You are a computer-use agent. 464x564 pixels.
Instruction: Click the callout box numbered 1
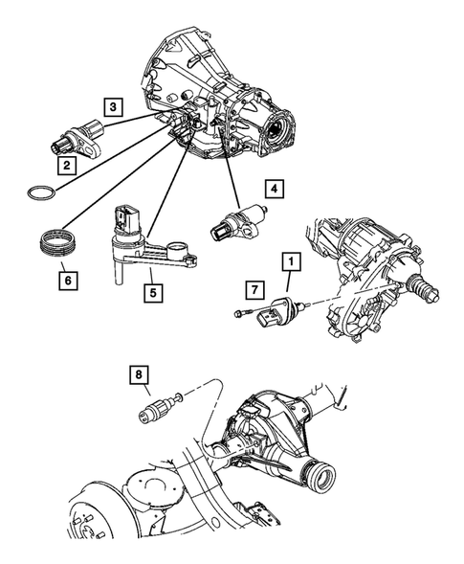pos(287,259)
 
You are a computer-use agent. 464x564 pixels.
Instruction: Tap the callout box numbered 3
pos(112,108)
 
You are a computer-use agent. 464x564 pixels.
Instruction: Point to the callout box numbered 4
pos(274,190)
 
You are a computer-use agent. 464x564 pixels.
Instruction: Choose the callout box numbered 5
pos(151,286)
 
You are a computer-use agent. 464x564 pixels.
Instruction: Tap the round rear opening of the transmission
pos(283,126)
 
